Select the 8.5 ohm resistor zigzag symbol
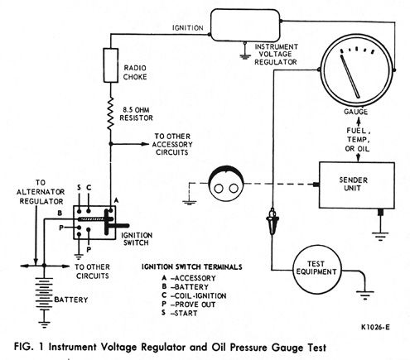point(110,113)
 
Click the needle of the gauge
point(350,76)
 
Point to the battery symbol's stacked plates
point(44,294)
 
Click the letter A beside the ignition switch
point(116,200)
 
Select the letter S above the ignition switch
point(79,188)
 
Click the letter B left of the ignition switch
point(60,213)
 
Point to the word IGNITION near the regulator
point(188,28)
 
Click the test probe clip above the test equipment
point(273,221)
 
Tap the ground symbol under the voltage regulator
point(244,56)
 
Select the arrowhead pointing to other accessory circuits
point(145,144)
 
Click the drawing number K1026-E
point(375,327)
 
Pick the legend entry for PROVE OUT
point(189,305)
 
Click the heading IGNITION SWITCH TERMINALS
point(192,267)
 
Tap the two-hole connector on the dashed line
point(226,183)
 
